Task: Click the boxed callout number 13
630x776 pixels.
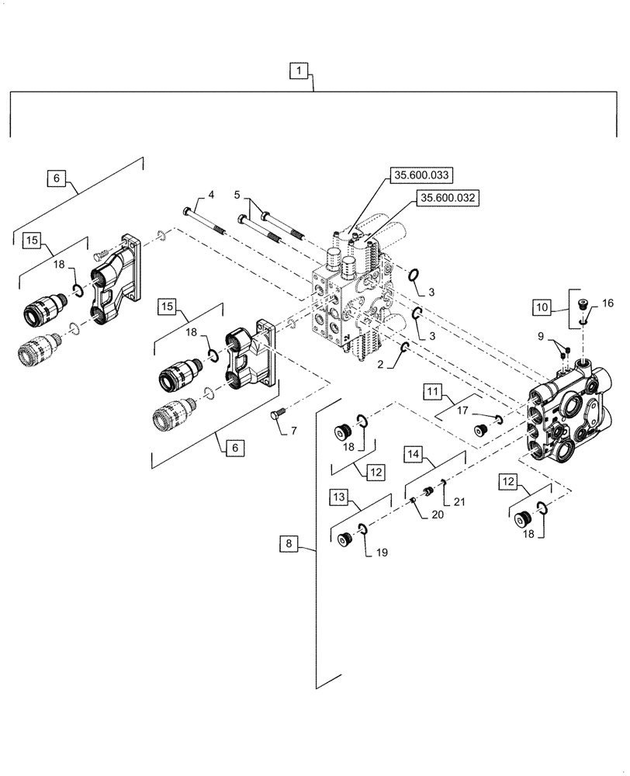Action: [x=340, y=497]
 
